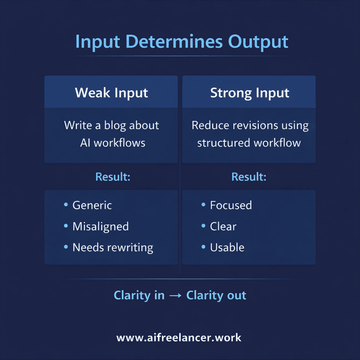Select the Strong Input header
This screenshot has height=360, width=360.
(249, 92)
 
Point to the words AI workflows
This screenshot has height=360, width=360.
(112, 142)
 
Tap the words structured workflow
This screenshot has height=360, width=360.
(249, 142)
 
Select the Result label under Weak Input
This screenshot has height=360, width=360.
(112, 177)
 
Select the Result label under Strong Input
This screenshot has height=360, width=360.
(249, 177)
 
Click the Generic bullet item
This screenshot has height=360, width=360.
(92, 205)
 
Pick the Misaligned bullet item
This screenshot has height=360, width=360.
(100, 227)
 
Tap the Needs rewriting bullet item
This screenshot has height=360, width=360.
(112, 247)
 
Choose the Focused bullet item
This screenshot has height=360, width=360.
(231, 205)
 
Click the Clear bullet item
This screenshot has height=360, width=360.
(223, 227)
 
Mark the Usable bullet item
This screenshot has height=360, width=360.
(227, 247)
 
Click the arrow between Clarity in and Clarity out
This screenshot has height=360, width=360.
(175, 296)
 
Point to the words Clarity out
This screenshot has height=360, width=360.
(216, 295)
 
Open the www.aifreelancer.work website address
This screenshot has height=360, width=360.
(179, 337)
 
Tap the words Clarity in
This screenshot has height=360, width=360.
(139, 295)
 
